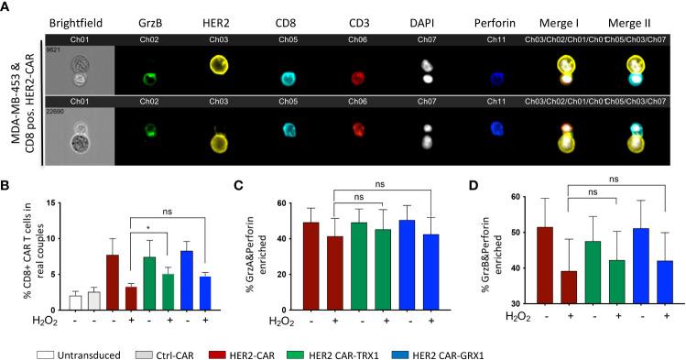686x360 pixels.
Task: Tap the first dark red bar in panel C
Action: point(285,266)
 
